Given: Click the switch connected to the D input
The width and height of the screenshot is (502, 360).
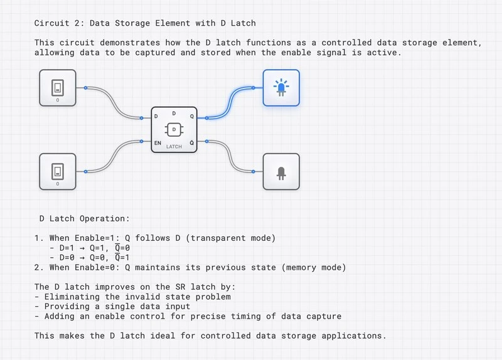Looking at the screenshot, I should (58, 87).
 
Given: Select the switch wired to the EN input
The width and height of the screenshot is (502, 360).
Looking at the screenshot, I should (58, 171).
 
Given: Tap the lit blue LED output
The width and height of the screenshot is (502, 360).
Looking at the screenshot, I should (280, 88).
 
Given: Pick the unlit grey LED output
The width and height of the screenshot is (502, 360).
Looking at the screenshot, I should (280, 171).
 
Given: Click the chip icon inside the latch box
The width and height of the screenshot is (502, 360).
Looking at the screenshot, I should (174, 129).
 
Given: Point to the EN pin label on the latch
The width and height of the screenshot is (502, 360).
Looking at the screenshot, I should (158, 144).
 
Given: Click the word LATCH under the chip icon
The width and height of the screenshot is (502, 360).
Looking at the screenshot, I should (174, 146).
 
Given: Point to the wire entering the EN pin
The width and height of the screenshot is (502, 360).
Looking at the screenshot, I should (116, 157).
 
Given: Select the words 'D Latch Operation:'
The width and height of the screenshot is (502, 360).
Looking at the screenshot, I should (84, 219).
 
